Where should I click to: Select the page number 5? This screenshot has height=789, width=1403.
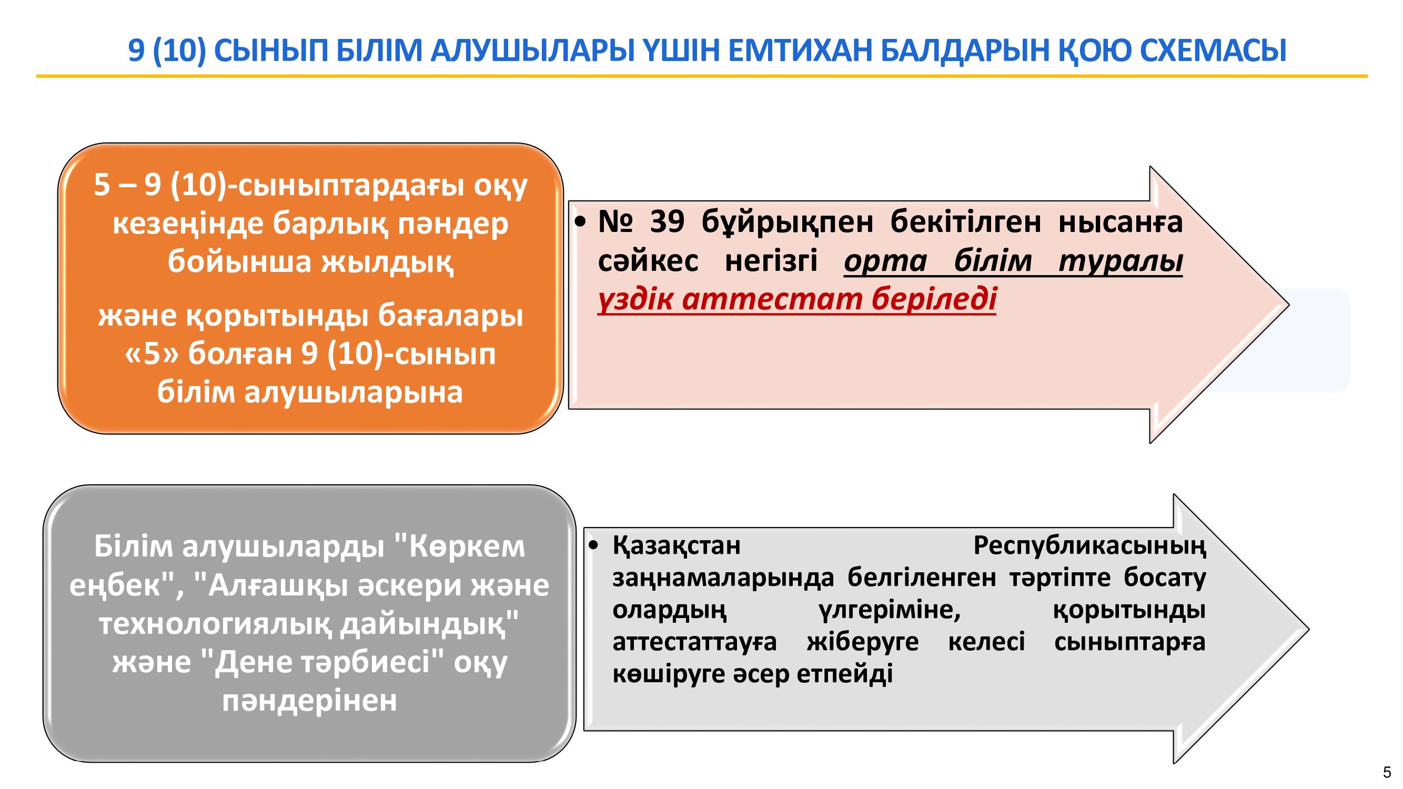coord(1387,772)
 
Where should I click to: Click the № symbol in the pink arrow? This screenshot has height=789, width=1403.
coord(615,222)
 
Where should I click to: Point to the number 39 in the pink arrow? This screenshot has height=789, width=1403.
coord(667,222)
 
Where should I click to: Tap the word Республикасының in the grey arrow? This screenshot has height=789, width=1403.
coord(1089,546)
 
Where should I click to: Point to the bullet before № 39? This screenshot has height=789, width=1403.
coord(581,222)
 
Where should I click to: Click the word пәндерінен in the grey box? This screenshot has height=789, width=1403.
coord(309,701)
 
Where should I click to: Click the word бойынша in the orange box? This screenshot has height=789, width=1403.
coord(239,262)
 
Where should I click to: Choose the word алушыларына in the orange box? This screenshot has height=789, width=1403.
coord(354,392)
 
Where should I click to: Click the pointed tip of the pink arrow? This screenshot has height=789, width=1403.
coord(1289,305)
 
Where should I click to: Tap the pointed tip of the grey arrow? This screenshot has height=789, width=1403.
coord(1309,630)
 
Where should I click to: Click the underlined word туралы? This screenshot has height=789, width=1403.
coord(1121,261)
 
